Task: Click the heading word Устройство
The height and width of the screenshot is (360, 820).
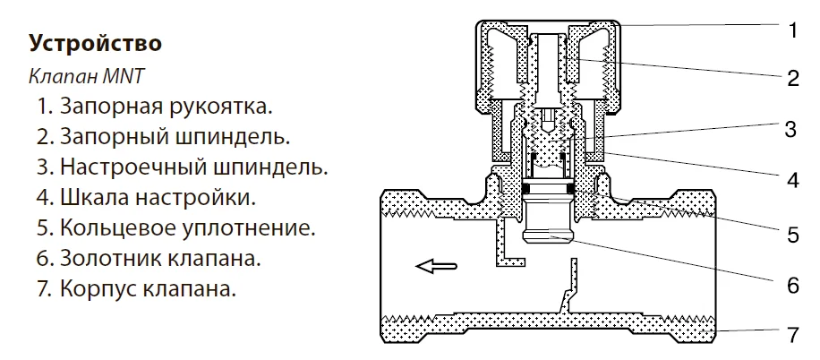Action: (95, 43)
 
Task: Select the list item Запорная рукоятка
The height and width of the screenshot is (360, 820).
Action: (153, 107)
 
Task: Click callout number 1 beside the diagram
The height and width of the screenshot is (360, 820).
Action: (792, 30)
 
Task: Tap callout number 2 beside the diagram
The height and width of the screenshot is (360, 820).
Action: (792, 78)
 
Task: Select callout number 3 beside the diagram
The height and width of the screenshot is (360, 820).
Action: (791, 129)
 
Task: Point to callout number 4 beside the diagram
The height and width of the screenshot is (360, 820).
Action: (792, 180)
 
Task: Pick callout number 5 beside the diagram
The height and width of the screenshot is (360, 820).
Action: (792, 235)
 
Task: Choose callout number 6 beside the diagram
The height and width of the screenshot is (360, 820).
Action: (792, 287)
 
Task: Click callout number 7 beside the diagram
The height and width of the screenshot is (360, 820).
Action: (792, 336)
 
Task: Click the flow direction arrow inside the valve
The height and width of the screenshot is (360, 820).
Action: (437, 265)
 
